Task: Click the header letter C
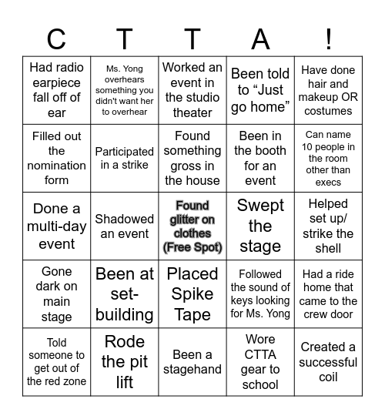pos(56,39)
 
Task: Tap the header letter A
pos(260,39)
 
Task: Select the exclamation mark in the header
pos(328,39)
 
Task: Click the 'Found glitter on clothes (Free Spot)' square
pos(192,226)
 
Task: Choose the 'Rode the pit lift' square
pos(125,362)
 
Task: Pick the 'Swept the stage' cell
pos(260,226)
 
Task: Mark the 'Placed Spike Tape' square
pos(192,294)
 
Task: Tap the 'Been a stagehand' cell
pos(192,362)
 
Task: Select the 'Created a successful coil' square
pos(328,362)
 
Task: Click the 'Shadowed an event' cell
pos(125,226)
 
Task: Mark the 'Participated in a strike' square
pos(125,159)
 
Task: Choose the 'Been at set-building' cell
pos(125,294)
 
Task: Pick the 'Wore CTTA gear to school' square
pos(260,362)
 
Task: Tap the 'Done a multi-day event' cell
pos(56,226)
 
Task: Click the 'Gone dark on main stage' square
pos(56,294)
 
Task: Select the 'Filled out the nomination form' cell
pos(56,159)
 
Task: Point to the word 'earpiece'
pos(56,82)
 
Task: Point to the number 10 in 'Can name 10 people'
pos(309,147)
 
